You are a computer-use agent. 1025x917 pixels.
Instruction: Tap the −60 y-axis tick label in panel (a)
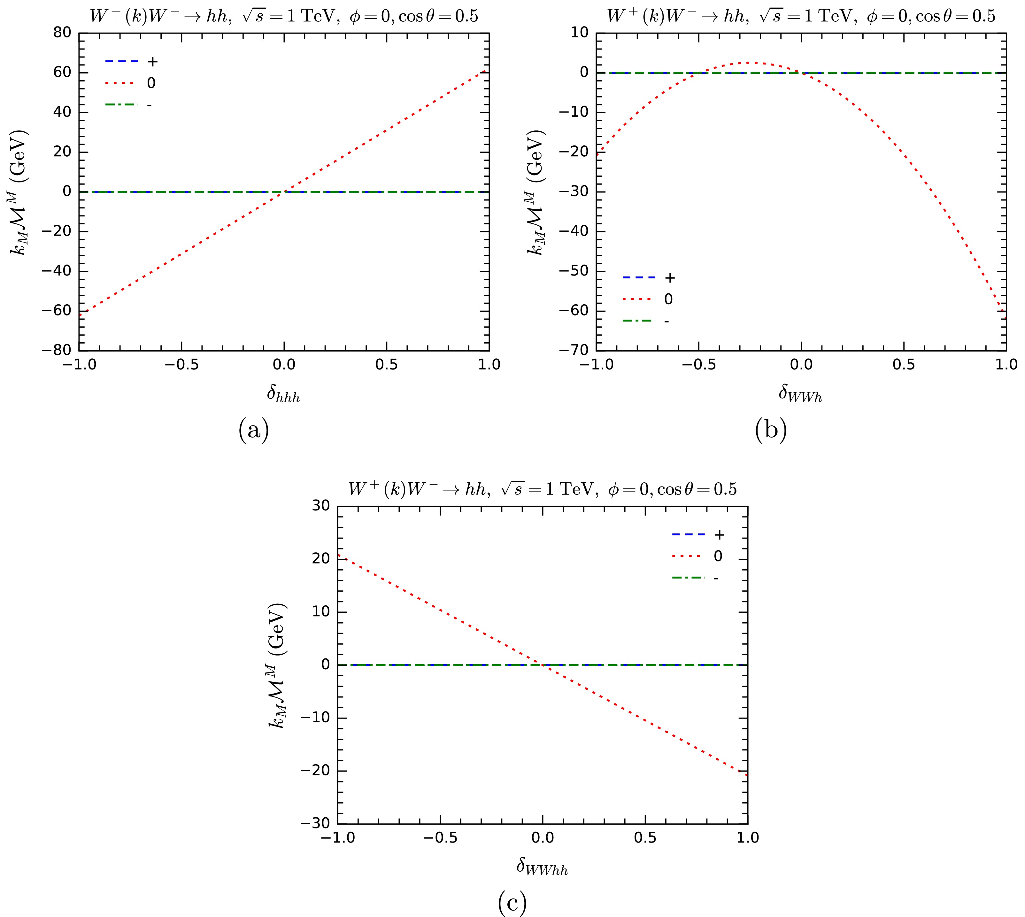coord(58,311)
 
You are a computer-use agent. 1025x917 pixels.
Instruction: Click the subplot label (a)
coord(253,431)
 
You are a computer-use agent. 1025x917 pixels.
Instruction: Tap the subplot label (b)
coord(771,431)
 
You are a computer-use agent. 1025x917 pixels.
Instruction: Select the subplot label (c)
coord(512,903)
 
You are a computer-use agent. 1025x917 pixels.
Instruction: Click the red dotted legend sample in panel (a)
coord(121,83)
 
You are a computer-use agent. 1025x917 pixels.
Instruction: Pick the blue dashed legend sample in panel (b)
coord(639,278)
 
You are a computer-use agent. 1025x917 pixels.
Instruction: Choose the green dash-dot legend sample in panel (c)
coord(688,578)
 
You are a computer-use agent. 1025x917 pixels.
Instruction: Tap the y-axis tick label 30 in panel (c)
coord(321,506)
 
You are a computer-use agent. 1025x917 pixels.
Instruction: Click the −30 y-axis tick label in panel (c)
coord(316,823)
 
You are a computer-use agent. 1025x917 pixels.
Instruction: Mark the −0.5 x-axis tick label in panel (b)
coord(698,364)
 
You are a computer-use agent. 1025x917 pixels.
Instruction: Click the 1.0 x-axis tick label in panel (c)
coord(747,837)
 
